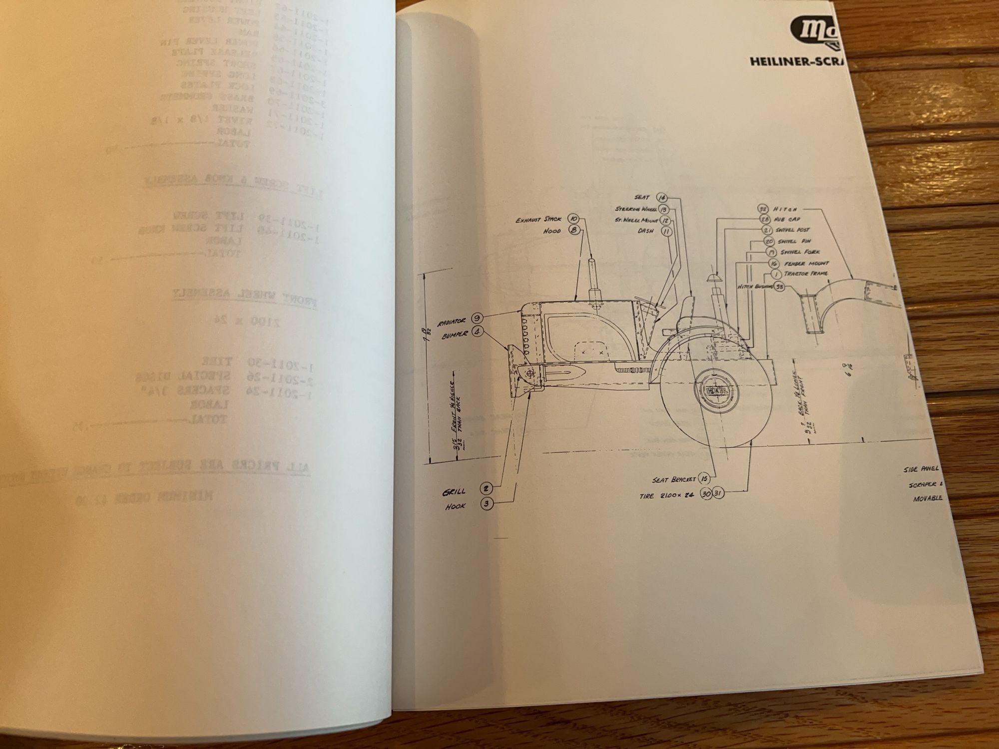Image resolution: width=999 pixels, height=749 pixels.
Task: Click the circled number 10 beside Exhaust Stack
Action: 573,219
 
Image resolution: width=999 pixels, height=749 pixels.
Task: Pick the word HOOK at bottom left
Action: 455,506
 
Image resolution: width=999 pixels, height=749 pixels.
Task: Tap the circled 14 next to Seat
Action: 663,198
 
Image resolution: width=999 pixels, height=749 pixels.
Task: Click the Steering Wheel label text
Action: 635,209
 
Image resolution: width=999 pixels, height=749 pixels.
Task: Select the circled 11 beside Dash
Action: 666,231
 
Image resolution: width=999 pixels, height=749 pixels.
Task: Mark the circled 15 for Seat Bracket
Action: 704,478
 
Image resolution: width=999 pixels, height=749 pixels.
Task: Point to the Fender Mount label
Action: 806,263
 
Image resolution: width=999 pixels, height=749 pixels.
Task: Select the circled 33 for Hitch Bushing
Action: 780,287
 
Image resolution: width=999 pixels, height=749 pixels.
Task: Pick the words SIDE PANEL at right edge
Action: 922,469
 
